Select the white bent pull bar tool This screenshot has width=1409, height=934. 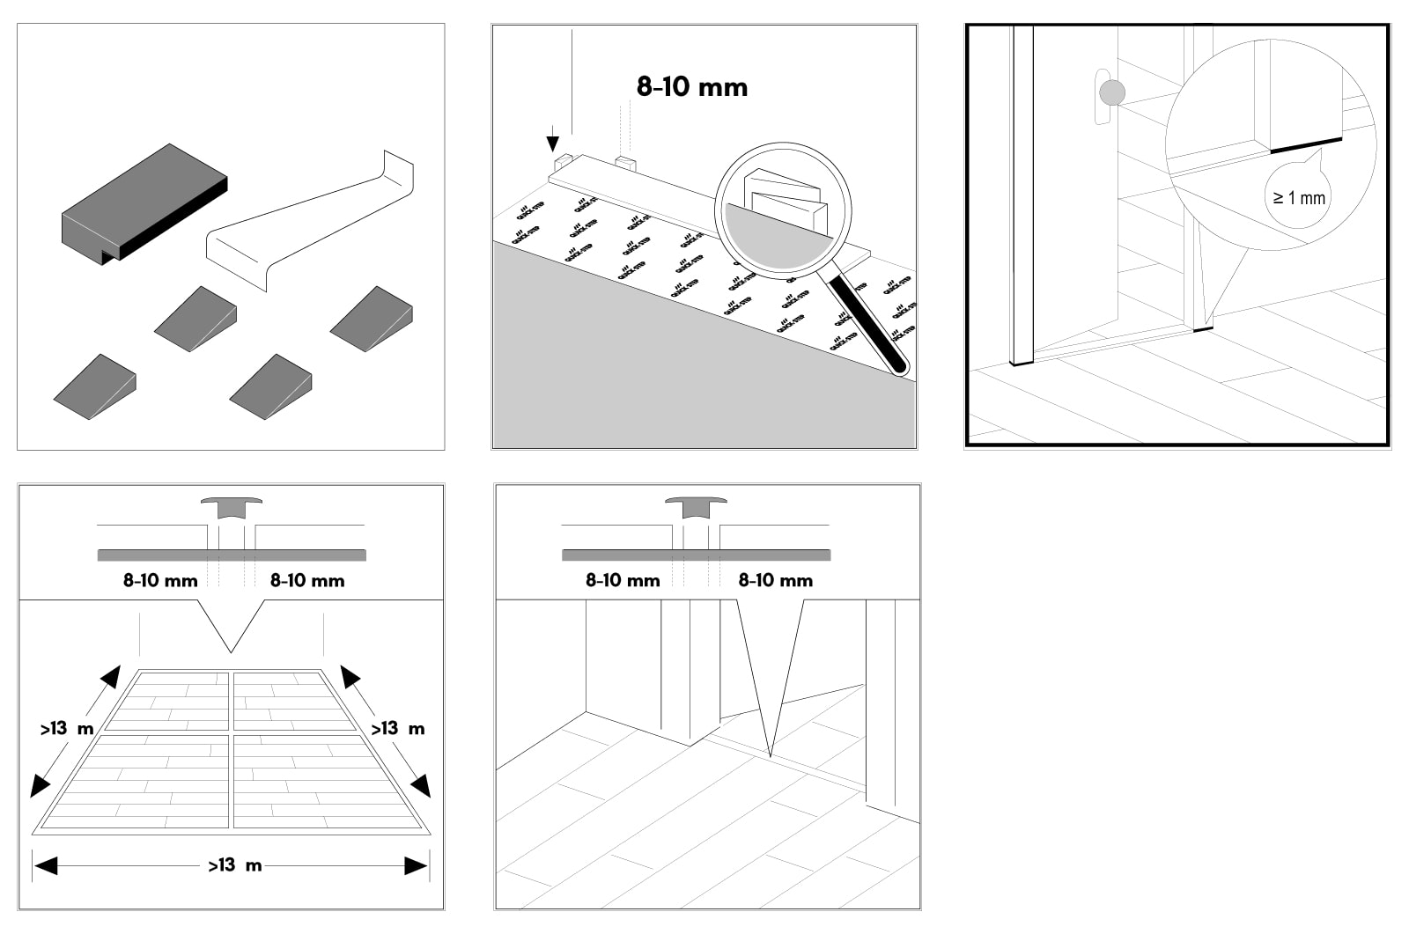(308, 224)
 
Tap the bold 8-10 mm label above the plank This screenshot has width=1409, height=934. (692, 86)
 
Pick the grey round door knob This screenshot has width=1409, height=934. (1113, 92)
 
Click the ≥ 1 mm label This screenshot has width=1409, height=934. (1299, 198)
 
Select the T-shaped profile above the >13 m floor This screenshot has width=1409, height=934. (232, 507)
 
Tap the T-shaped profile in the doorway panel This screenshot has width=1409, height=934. (696, 507)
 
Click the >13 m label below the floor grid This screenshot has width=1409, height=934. (234, 865)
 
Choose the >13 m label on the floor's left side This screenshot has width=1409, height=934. (66, 729)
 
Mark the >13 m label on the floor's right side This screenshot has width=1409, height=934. (397, 729)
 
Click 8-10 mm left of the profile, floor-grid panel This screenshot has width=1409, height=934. (160, 581)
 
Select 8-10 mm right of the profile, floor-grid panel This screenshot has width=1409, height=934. (307, 581)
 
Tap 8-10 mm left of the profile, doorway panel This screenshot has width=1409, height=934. (623, 581)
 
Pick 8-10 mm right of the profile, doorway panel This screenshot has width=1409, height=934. (775, 581)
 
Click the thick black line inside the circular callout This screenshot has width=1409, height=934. (1306, 144)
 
